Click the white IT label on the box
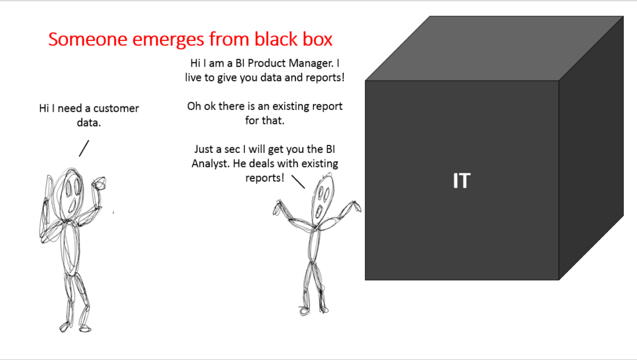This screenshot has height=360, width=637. pyautogui.click(x=461, y=181)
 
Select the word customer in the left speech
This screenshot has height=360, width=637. pyautogui.click(x=116, y=109)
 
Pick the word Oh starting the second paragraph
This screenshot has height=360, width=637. pyautogui.click(x=195, y=106)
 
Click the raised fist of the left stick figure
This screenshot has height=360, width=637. pyautogui.click(x=99, y=183)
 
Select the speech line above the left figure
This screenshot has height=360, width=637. pyautogui.click(x=83, y=148)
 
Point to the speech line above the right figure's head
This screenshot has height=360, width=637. pyautogui.click(x=298, y=181)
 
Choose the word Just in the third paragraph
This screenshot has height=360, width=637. pyautogui.click(x=205, y=150)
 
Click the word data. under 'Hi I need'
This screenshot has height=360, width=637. pyautogui.click(x=89, y=122)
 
